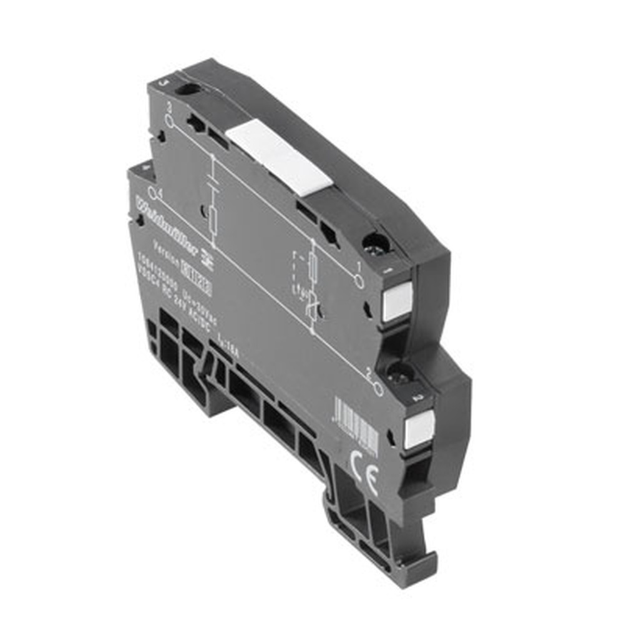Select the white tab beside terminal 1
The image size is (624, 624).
tap(397, 301)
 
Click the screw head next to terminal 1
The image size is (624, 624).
tap(377, 243)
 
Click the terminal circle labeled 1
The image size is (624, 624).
tap(358, 280)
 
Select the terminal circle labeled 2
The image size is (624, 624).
tap(378, 387)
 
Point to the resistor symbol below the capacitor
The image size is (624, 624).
tap(213, 218)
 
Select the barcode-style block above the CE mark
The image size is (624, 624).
tap(356, 424)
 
